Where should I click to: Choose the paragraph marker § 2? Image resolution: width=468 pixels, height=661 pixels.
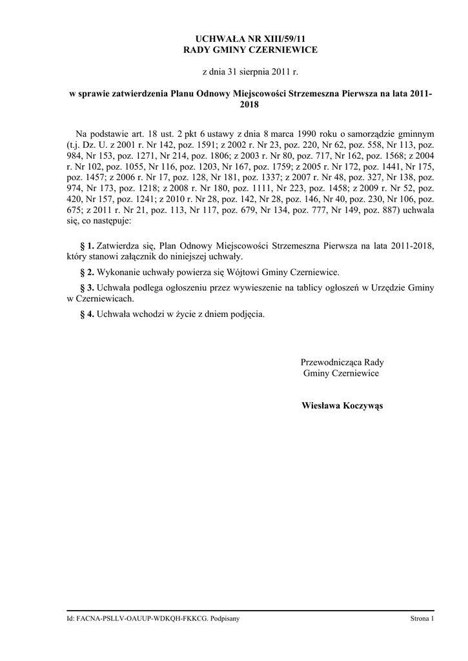(86, 272)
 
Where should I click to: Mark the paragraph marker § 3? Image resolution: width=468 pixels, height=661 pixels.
(86, 288)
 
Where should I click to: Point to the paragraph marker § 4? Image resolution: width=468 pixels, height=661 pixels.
(86, 314)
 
